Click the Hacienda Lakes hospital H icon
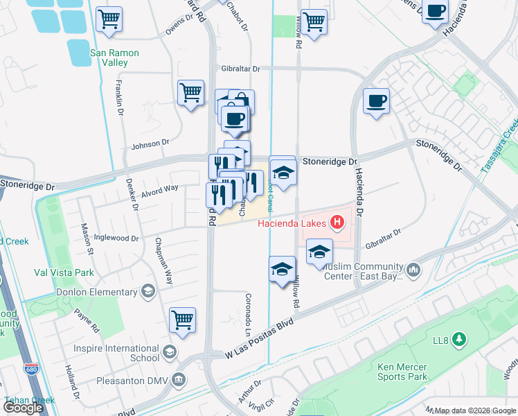click(x=337, y=223)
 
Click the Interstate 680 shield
click(x=30, y=368)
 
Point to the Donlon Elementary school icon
click(x=148, y=290)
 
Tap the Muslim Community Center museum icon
click(x=413, y=268)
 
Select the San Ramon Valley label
click(x=115, y=58)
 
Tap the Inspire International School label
click(x=125, y=353)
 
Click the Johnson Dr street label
click(x=150, y=144)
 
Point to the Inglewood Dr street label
click(x=116, y=238)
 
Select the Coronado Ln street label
click(x=247, y=311)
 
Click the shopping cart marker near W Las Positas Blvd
click(x=182, y=320)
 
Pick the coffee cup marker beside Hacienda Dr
click(x=376, y=101)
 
